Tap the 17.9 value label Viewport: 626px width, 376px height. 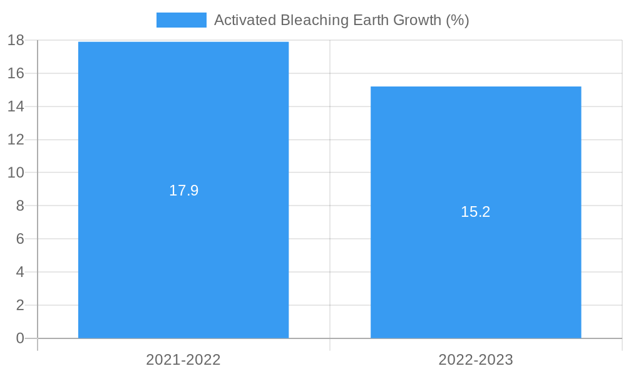point(183,191)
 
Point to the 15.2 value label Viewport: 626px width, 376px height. point(476,212)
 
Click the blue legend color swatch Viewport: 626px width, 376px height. point(181,20)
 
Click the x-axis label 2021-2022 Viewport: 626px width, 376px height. point(183,360)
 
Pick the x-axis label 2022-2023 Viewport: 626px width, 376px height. point(476,360)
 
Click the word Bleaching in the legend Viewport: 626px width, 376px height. point(310,20)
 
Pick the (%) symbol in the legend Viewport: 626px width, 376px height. point(457,20)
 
